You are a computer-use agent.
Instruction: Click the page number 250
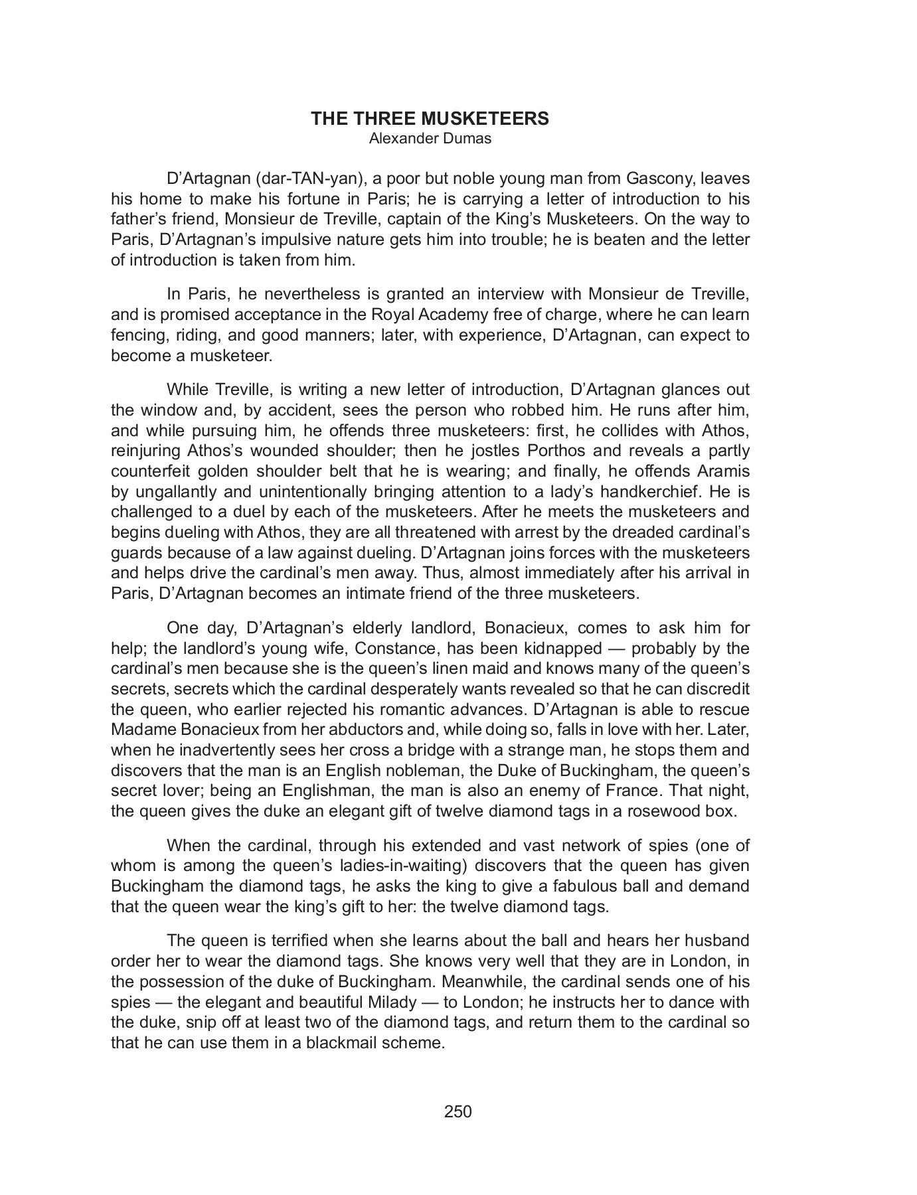[458, 1111]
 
